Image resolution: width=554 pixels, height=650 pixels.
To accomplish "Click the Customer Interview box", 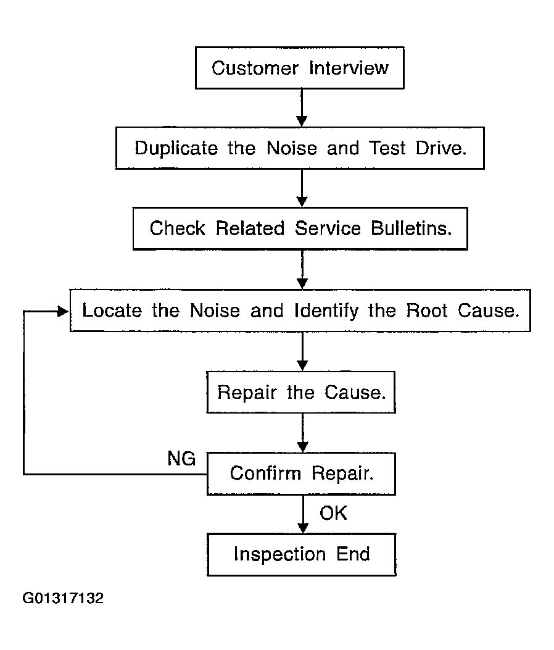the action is [x=300, y=67].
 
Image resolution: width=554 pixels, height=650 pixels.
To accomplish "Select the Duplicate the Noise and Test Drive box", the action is [x=300, y=148].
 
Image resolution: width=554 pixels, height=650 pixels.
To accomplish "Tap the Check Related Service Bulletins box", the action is [x=300, y=228].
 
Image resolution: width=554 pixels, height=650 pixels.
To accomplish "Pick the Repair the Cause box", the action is [x=301, y=392].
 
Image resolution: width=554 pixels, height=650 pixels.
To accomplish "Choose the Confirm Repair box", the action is [x=301, y=473].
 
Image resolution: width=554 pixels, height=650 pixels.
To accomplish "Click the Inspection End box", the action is [x=302, y=554].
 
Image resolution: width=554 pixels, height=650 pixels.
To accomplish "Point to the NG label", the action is [x=181, y=459].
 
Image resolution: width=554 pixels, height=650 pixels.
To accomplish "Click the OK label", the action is [x=333, y=513].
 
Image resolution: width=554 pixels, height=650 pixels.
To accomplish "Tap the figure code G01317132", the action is [x=63, y=598].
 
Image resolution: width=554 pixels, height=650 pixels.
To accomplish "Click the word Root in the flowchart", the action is [x=426, y=310].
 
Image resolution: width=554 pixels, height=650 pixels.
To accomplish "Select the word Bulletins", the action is [x=411, y=228].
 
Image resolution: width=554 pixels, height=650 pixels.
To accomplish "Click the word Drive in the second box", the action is [x=441, y=148].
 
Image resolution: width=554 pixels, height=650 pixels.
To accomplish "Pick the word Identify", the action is [x=326, y=311].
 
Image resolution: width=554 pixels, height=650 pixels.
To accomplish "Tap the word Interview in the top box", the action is [x=349, y=68].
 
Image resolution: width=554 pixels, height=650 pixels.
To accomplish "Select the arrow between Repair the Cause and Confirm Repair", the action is [x=303, y=433].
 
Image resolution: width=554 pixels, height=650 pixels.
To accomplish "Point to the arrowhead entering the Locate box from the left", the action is [x=63, y=311].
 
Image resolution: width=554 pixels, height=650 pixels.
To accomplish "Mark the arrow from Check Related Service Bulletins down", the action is [x=302, y=270].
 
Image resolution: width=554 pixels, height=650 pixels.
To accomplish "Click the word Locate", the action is [x=112, y=310].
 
